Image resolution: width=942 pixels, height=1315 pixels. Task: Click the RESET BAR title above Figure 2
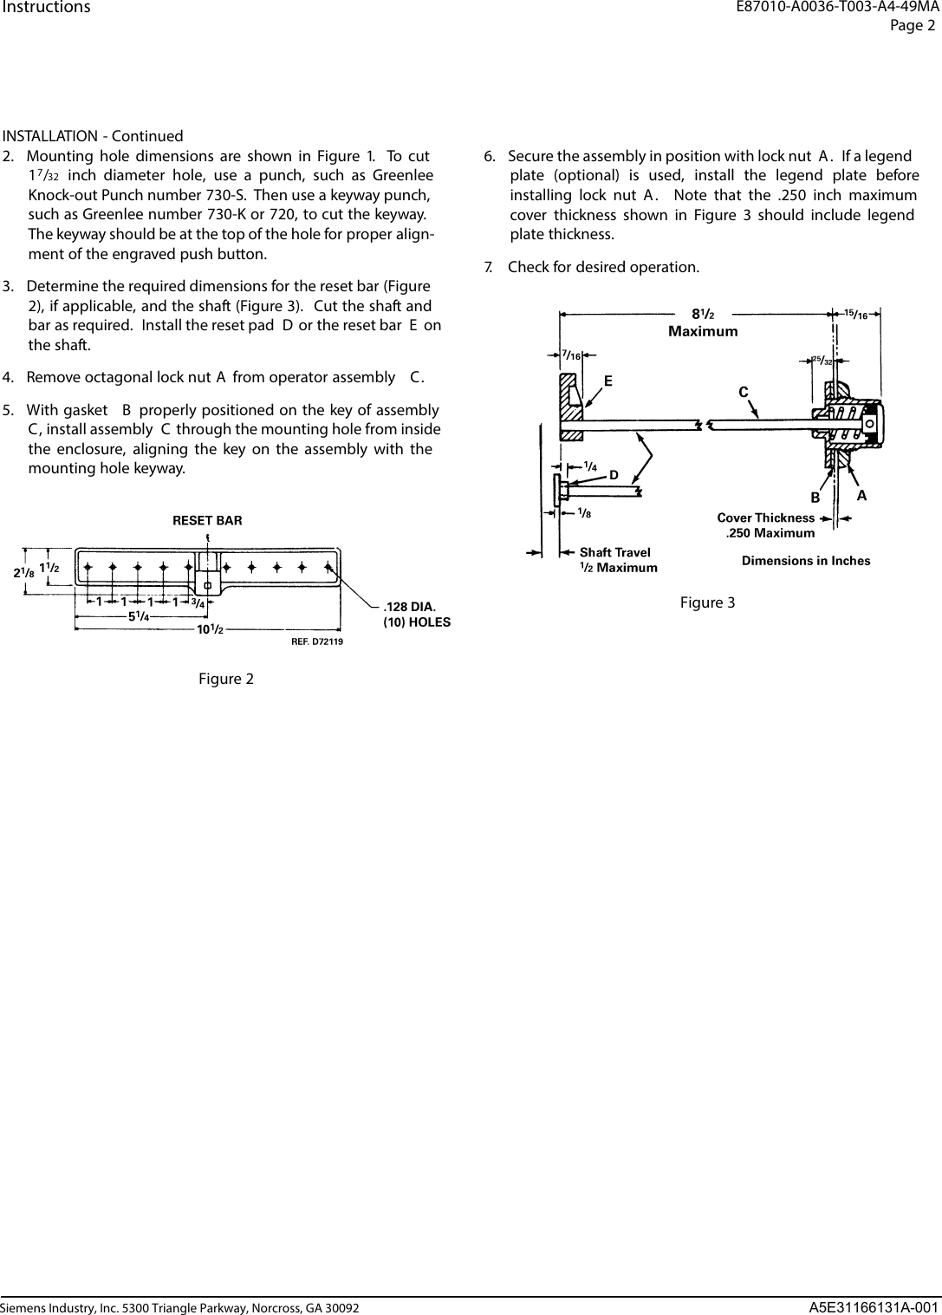207,521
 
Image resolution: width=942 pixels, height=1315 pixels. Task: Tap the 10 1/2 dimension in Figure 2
210,629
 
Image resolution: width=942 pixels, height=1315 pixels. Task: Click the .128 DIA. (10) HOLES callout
416,614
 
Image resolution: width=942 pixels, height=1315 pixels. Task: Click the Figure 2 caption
226,679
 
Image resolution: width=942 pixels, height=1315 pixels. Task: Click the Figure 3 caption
707,602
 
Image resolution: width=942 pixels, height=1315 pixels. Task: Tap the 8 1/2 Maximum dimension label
703,322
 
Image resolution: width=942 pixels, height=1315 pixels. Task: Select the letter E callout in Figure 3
608,381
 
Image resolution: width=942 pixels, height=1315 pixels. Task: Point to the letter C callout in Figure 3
743,392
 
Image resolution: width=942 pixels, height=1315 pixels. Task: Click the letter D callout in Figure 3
613,475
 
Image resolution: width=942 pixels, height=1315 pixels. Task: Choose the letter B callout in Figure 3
815,498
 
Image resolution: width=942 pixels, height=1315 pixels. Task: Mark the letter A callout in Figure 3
861,496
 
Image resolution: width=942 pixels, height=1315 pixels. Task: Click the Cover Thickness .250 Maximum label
767,525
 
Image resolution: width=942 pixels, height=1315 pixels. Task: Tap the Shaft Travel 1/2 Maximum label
617,560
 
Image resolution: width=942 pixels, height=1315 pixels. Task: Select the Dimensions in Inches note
806,561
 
